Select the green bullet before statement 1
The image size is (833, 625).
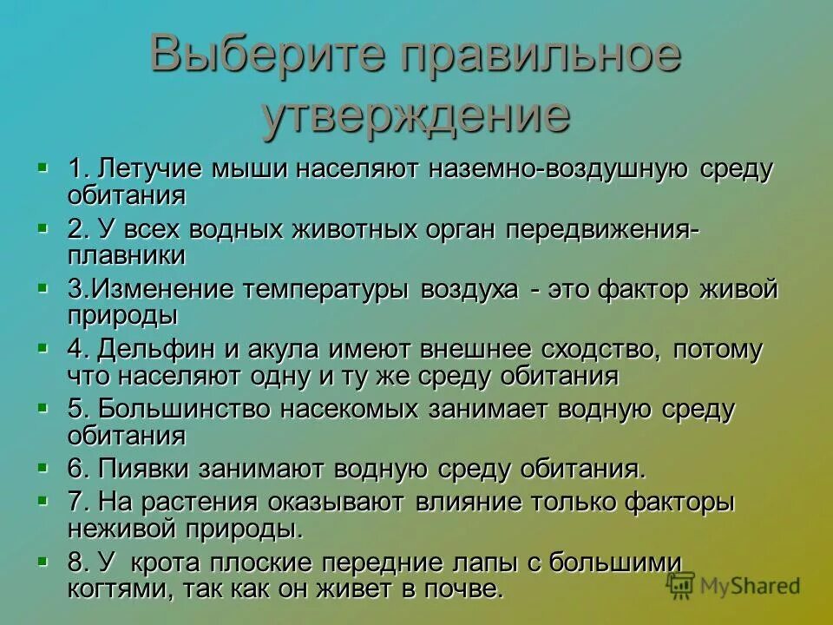(x=43, y=164)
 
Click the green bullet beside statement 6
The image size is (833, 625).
(x=43, y=466)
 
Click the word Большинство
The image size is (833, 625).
(x=181, y=409)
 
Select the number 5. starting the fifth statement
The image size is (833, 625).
(x=79, y=409)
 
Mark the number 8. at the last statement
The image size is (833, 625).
(x=79, y=562)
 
